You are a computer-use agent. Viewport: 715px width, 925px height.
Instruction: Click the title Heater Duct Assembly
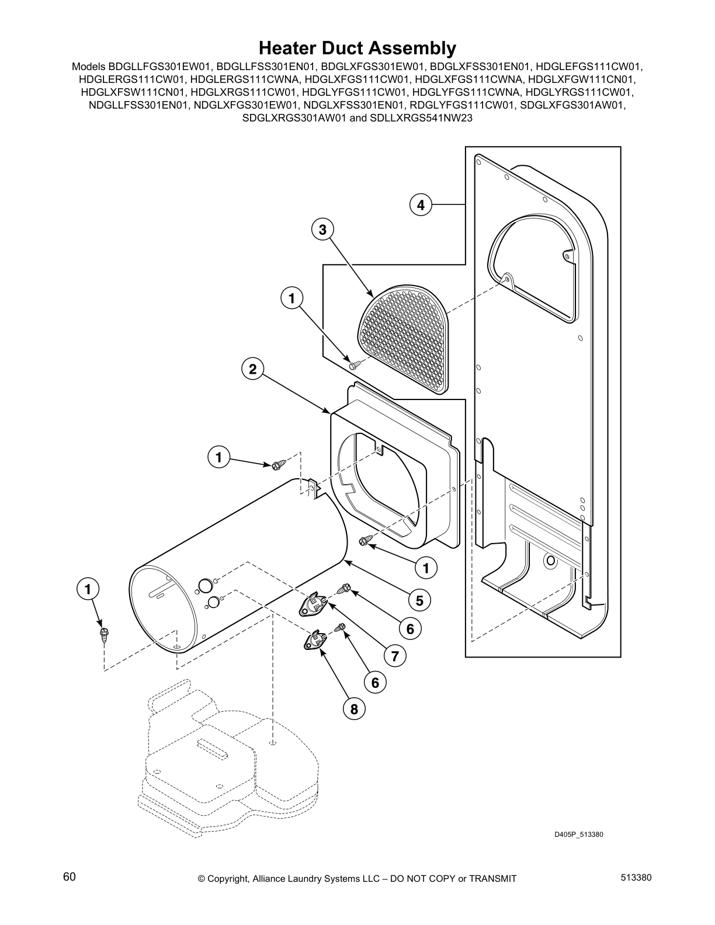pos(357,47)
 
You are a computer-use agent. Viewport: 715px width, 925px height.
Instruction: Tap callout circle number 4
pos(420,205)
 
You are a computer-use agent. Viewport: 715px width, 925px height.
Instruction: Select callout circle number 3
pos(322,229)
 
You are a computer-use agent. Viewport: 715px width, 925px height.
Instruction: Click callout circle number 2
pos(252,369)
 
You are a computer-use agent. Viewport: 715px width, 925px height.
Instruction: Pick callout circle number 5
pos(419,600)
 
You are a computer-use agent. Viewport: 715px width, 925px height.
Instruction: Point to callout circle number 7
pos(394,656)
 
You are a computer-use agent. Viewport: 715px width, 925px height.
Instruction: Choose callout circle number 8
pos(353,709)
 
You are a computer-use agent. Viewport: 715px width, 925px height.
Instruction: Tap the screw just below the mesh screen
pos(354,365)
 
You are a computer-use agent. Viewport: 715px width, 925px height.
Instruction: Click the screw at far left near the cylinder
pos(105,634)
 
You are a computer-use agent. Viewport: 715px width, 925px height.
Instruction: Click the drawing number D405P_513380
pos(578,834)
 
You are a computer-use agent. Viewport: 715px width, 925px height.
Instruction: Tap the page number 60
pos(69,877)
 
